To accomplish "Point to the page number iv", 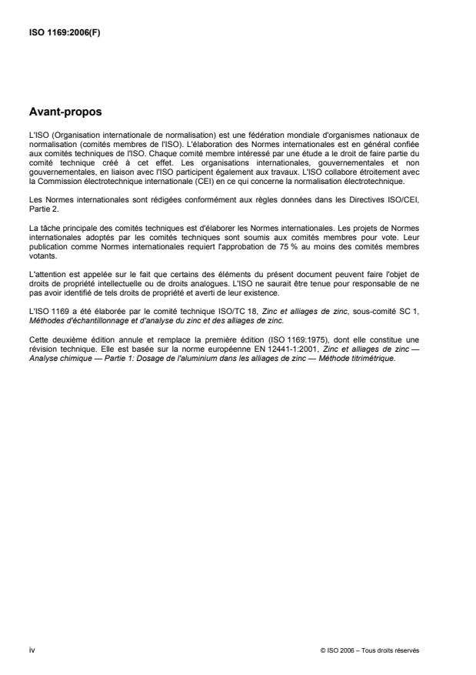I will [x=32, y=650].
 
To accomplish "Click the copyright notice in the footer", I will [x=370, y=650].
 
